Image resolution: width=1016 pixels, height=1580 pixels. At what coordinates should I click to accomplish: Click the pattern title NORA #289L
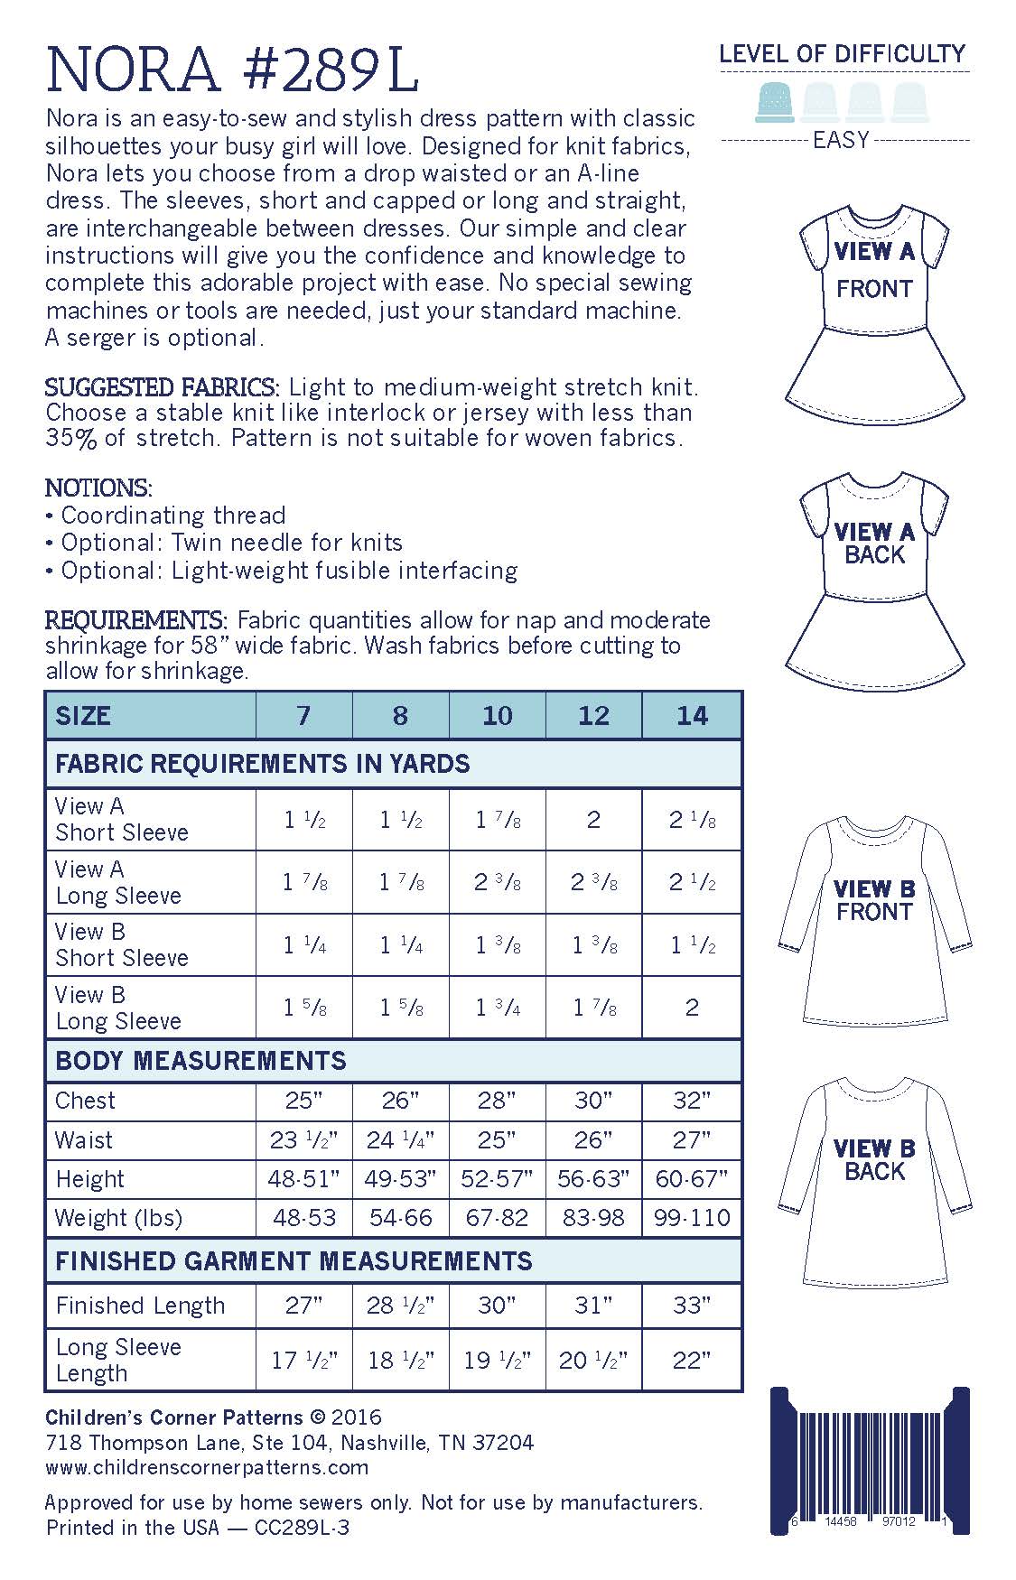232,70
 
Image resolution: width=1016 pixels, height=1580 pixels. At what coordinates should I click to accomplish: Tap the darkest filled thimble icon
775,101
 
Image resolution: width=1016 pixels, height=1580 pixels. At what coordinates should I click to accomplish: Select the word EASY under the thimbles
841,141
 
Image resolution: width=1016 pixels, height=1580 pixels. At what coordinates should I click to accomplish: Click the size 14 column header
692,716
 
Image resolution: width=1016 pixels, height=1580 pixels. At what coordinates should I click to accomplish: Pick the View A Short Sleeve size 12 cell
593,820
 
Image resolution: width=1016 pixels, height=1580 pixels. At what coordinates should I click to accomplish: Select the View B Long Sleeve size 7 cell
304,1008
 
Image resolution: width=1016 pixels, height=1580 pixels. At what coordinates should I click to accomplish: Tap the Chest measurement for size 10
497,1101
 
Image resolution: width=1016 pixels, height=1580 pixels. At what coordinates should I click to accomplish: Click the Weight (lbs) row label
118,1218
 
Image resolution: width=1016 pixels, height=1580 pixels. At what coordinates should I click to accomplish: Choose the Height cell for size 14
692,1179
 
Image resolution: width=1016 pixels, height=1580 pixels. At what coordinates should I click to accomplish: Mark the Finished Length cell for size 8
400,1306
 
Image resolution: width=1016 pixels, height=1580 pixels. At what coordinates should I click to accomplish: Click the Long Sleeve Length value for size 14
692,1360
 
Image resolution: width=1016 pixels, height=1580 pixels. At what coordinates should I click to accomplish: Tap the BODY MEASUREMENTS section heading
200,1061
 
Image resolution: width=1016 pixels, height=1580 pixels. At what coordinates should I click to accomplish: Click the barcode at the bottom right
869,1461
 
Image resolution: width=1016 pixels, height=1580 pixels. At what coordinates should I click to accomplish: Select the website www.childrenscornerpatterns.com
207,1467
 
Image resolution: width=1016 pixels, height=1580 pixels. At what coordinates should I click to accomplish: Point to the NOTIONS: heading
98,488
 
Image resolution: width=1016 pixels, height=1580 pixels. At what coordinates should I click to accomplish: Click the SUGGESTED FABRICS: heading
163,388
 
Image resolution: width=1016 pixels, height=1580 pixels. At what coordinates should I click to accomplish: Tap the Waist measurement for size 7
304,1140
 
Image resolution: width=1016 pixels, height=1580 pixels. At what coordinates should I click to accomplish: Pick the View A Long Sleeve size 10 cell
497,882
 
